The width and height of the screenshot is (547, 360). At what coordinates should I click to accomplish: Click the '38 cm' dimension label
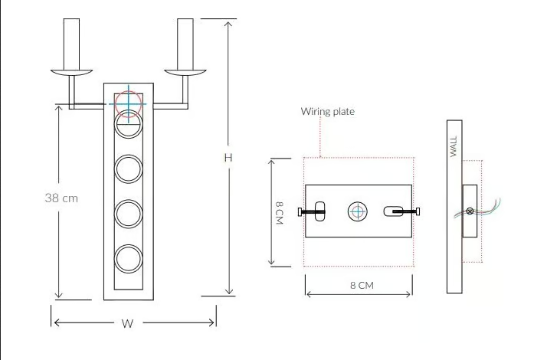61,198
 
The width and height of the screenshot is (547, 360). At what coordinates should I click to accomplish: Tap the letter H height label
228,158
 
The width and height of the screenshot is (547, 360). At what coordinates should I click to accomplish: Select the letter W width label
127,323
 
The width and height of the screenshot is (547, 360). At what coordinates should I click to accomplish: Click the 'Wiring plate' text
328,112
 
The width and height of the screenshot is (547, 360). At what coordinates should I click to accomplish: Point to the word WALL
454,146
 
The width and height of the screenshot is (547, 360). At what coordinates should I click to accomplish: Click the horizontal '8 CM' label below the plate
362,286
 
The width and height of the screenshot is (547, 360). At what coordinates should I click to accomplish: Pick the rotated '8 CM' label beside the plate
280,212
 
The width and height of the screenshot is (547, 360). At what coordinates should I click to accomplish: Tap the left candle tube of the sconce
71,44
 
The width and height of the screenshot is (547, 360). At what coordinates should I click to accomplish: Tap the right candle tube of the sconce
185,44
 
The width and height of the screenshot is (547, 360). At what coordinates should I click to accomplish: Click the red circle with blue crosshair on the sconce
129,104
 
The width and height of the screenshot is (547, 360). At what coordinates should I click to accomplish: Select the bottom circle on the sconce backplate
129,259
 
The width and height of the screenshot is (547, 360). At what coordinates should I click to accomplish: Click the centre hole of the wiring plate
358,211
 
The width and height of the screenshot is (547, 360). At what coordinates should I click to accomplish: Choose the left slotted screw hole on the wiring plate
320,211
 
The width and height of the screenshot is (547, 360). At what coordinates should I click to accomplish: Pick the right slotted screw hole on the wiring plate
393,211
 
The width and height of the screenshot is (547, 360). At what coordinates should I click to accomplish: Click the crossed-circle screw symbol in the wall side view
470,211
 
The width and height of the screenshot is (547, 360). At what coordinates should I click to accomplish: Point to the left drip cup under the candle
71,73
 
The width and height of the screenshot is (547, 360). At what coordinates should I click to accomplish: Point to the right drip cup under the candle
185,73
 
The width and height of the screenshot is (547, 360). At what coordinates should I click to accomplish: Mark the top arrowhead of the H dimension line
228,25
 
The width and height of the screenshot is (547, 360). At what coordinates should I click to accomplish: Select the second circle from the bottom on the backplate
129,214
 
